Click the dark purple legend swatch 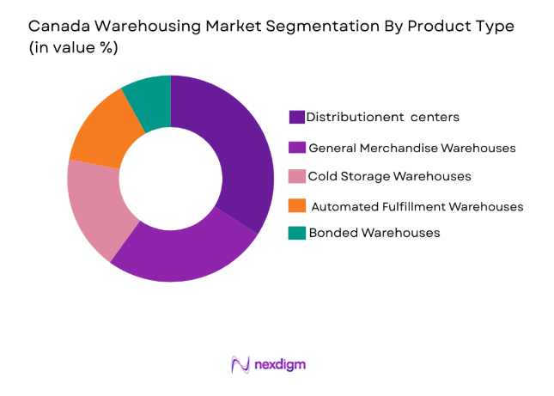(297, 117)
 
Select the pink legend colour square (297, 176)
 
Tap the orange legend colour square (297, 206)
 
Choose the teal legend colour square (297, 233)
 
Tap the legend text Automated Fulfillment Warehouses (417, 206)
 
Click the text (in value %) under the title (74, 48)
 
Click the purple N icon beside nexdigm (240, 364)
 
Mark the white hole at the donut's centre (171, 179)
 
